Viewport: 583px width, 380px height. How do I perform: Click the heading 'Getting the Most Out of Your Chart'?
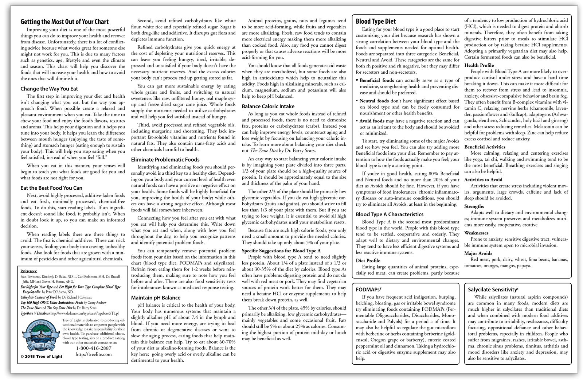(64, 22)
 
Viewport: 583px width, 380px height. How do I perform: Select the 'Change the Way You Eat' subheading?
(49, 89)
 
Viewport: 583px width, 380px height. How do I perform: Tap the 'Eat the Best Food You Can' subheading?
(51, 188)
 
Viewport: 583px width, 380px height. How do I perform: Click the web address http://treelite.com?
(94, 354)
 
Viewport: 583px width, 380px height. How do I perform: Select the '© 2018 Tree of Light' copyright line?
(42, 357)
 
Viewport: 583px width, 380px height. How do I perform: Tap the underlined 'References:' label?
(29, 271)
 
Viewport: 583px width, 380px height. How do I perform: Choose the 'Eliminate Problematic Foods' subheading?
(165, 160)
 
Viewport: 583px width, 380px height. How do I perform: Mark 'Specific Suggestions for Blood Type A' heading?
(281, 251)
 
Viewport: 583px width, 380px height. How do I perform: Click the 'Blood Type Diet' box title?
(376, 22)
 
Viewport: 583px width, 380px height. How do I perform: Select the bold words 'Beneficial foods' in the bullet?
(376, 80)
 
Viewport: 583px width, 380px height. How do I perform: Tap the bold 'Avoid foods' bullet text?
(372, 121)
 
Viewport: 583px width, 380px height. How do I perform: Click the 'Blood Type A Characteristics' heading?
(390, 214)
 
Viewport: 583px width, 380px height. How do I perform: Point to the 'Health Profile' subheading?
(479, 65)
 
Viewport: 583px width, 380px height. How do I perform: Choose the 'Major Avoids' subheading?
(478, 253)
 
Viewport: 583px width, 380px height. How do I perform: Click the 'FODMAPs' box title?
(368, 289)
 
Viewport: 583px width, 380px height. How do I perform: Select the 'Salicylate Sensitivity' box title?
(493, 290)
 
